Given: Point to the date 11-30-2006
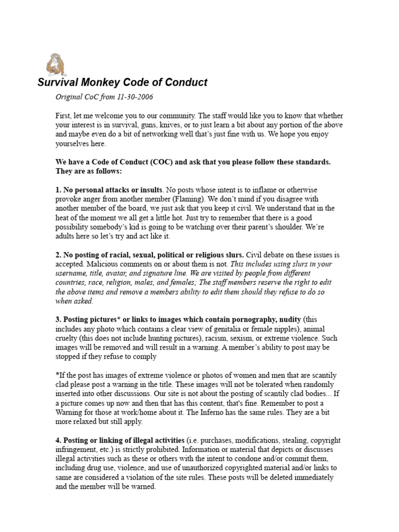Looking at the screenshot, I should [135, 97].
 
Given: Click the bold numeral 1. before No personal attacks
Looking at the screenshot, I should [58, 190].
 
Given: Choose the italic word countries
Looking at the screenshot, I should [71, 282].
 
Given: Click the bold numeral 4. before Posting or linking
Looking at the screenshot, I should [58, 441].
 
